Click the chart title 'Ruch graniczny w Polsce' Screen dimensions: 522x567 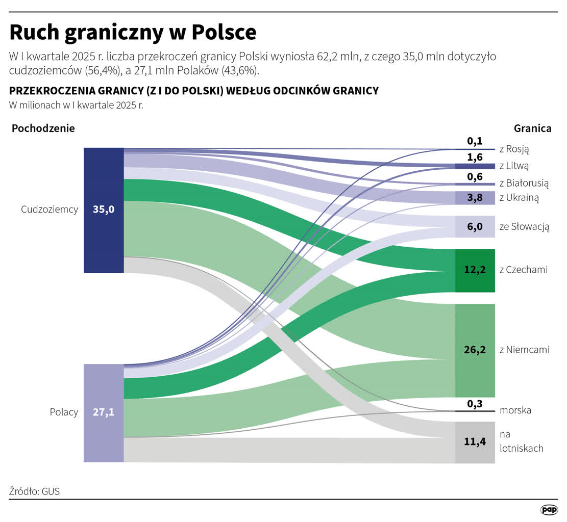coord(133,33)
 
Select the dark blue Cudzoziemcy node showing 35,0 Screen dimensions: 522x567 coord(104,210)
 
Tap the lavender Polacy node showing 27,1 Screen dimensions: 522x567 coord(104,412)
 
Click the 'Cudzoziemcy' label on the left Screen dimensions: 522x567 coord(50,210)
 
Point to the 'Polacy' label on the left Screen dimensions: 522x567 coord(64,412)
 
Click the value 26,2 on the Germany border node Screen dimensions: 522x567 coord(475,350)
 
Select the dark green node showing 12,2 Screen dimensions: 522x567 coord(475,270)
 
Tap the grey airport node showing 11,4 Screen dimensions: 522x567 coord(475,442)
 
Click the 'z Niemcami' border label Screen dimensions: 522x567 coord(524,350)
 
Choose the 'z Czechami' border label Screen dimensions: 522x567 coord(523,270)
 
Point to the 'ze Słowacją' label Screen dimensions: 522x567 coord(524,227)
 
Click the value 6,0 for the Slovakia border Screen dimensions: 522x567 coord(475,227)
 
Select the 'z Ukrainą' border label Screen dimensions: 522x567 coord(519,198)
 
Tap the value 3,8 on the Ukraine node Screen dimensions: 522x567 coord(475,198)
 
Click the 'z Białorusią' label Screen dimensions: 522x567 coord(524,183)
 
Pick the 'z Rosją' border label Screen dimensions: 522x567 coord(514,149)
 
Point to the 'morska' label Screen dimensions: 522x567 coord(515,410)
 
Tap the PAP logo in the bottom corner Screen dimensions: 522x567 coord(549,510)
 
